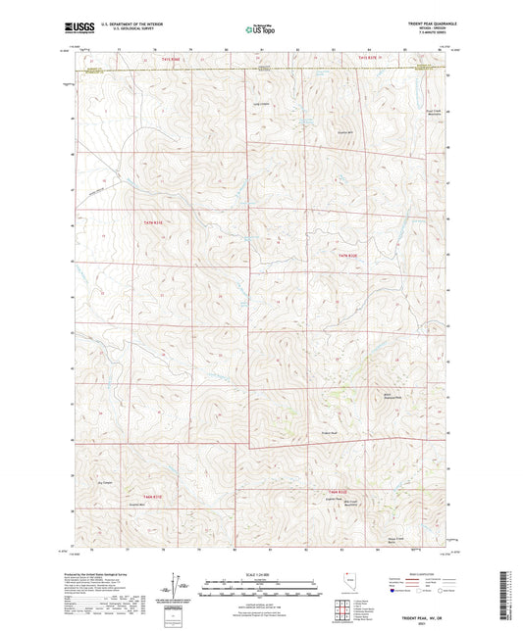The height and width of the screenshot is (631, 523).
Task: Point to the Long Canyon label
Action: tap(263, 106)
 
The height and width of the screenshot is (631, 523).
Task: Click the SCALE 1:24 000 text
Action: tap(260, 572)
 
